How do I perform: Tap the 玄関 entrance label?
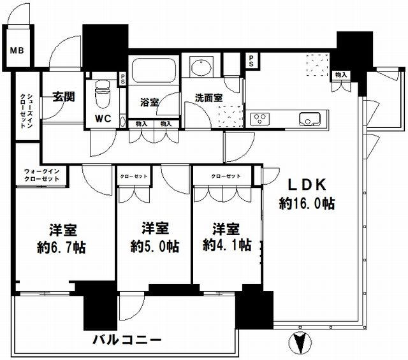coord(63,97)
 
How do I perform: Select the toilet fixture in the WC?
coord(102,94)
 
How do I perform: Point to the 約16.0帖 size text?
coord(307,205)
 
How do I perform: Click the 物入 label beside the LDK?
coord(341,75)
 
